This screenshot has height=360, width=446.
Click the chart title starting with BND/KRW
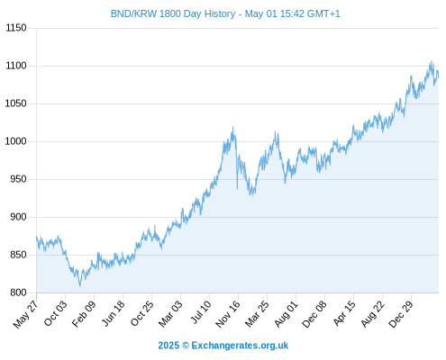point(225,13)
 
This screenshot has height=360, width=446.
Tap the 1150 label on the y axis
point(16,28)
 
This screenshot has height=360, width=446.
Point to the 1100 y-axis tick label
point(16,66)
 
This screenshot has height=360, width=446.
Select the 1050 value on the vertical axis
point(16,103)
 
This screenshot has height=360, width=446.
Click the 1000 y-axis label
point(16,141)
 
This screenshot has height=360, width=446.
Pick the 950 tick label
point(18,179)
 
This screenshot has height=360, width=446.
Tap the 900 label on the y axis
point(18,217)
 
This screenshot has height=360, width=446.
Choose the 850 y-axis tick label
point(18,255)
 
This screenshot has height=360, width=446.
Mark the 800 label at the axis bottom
point(18,292)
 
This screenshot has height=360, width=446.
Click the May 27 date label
point(26,314)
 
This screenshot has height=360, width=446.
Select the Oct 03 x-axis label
point(56,313)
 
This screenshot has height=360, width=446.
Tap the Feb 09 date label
point(84,313)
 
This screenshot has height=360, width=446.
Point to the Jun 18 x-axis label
point(114,313)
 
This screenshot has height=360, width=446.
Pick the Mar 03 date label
point(170,313)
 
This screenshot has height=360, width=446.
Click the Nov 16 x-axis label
point(228,314)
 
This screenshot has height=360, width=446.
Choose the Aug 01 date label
point(287,313)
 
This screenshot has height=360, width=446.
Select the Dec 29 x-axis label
point(401,314)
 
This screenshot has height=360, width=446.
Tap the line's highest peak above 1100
point(432,61)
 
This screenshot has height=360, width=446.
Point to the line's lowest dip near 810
point(80,285)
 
